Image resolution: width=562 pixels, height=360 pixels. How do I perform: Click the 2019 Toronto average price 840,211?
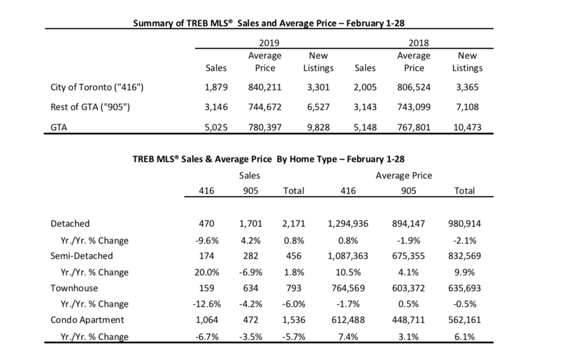265,87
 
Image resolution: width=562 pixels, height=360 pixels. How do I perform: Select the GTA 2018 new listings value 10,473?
467,127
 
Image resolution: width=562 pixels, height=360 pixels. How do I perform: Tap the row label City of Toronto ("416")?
97,87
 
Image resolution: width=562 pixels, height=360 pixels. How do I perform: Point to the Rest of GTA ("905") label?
90,107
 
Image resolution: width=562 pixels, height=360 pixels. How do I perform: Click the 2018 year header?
419,43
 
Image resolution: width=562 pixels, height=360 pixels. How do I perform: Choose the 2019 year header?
269,43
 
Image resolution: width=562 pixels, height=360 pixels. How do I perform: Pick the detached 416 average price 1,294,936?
348,224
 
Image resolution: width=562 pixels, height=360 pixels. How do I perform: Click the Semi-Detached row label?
82,256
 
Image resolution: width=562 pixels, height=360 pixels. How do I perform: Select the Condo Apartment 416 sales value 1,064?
207,320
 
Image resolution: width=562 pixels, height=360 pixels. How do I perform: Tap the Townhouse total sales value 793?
294,288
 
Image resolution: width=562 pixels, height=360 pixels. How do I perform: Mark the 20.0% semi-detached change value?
207,272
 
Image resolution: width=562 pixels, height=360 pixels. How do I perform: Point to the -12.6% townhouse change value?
207,304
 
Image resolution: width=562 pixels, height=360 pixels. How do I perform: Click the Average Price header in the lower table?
404,175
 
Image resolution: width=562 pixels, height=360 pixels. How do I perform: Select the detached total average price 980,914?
465,224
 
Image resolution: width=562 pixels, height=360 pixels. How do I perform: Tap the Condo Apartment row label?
87,320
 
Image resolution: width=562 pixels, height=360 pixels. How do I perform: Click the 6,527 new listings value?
318,107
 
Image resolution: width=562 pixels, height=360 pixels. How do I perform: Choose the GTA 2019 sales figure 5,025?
216,127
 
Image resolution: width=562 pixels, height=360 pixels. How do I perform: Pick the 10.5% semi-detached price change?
348,272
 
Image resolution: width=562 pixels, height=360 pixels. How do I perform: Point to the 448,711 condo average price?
408,320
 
